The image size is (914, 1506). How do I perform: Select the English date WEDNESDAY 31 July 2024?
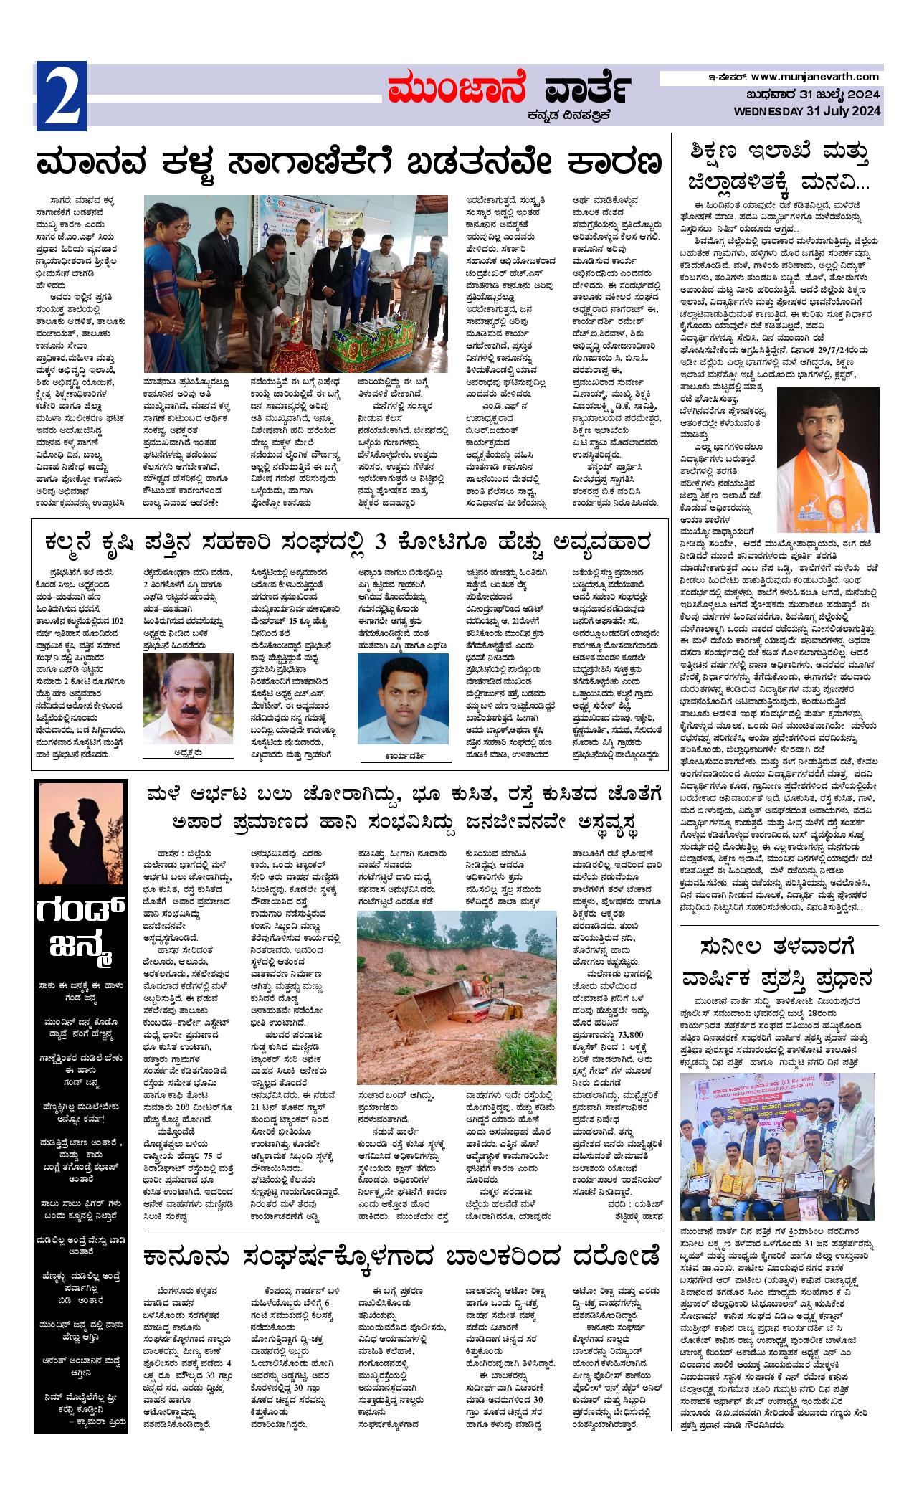click(807, 110)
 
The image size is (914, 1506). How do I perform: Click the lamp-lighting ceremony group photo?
click(296, 283)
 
